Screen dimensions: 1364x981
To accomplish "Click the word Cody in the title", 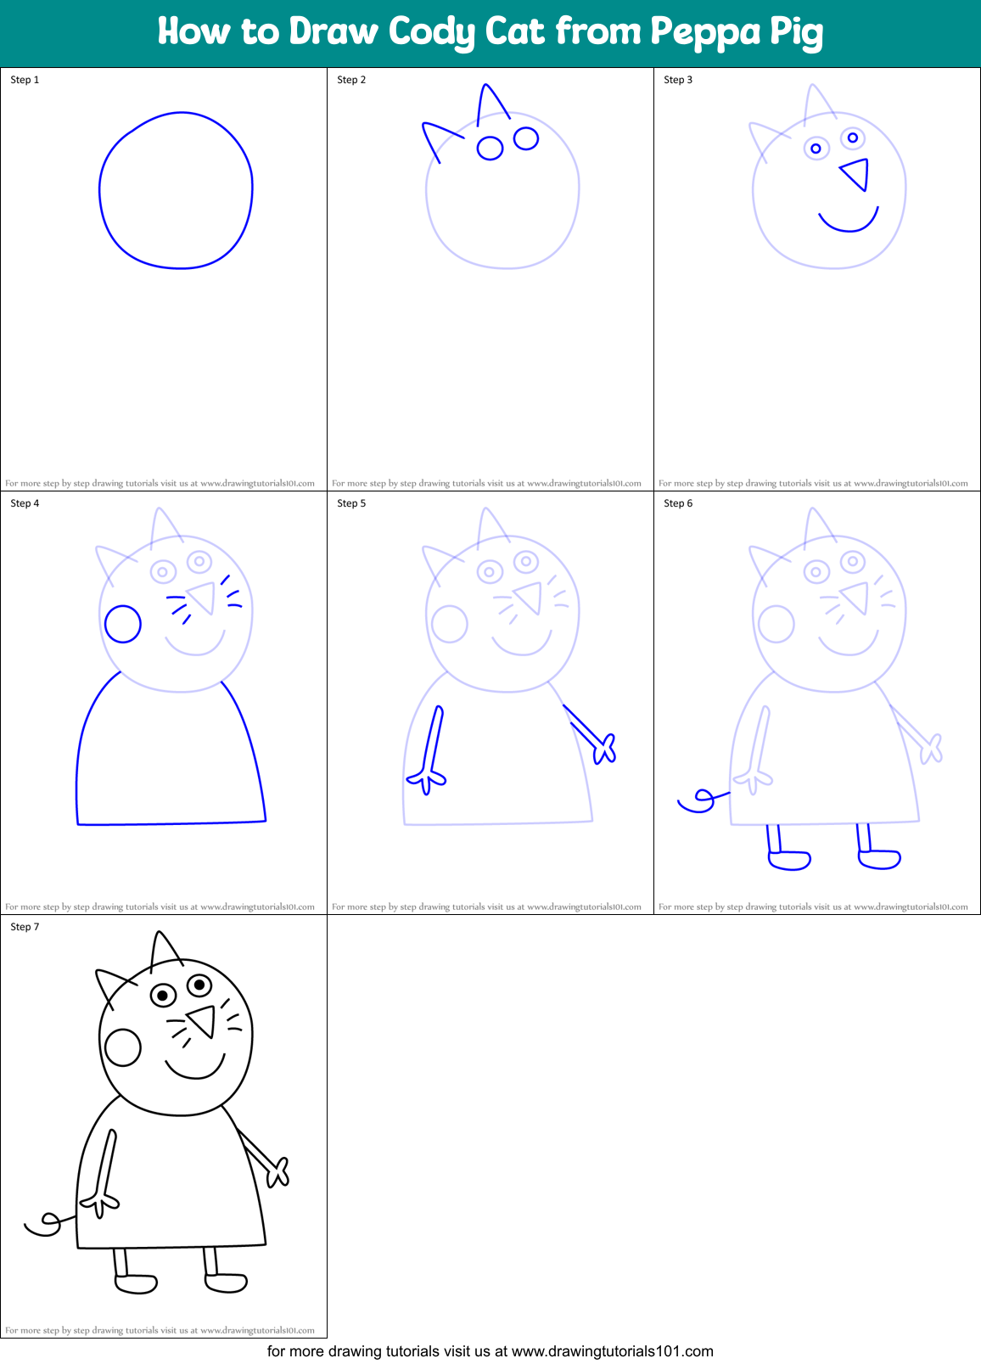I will [x=432, y=32].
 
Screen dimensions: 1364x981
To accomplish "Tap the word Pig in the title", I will [x=796, y=32].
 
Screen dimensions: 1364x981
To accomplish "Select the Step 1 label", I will [x=25, y=80].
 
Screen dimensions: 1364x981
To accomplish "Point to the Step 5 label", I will [x=351, y=503].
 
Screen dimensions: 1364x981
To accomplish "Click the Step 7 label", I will [x=25, y=927].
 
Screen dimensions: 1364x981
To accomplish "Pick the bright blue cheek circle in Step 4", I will [x=123, y=624].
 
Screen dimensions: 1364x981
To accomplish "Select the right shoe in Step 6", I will [x=879, y=859].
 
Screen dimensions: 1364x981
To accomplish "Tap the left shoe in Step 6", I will [x=789, y=860].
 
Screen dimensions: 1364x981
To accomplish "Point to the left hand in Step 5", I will [x=427, y=779].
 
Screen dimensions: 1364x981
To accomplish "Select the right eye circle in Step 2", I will [x=526, y=138].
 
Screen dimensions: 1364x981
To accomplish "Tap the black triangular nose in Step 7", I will [x=203, y=1019].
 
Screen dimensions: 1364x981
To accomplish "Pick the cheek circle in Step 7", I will [x=123, y=1047].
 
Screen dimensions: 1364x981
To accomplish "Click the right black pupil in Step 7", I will [x=200, y=985].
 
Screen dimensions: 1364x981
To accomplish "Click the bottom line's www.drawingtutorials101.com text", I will [x=613, y=1351].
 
